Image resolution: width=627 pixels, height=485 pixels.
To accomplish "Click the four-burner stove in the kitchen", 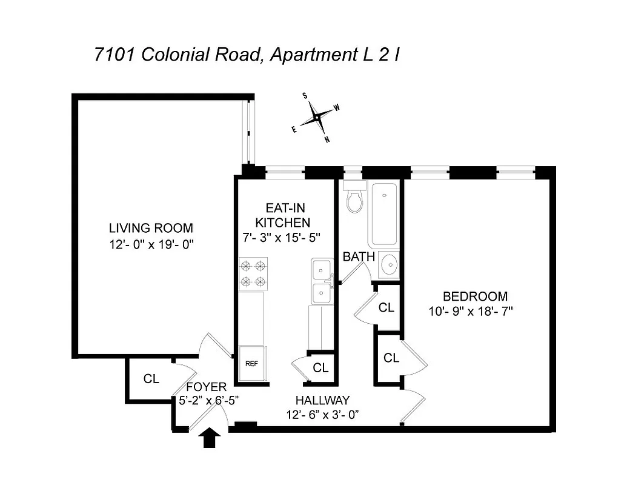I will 253,273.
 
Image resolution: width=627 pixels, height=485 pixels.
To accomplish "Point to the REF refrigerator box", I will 251,364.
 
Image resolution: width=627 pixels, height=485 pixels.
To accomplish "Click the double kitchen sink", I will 322,281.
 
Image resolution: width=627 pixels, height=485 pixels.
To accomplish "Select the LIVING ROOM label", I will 151,229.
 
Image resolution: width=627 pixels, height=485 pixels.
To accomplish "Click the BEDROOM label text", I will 475,296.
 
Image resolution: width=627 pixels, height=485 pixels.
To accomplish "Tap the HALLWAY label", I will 322,400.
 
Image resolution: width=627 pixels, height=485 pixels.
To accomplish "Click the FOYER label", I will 206,387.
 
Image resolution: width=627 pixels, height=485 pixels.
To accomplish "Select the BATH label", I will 359,257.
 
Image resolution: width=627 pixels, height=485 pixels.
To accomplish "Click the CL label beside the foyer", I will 151,379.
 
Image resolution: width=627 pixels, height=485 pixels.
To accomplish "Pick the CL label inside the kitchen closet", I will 320,367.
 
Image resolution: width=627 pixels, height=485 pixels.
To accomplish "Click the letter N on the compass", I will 327,139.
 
